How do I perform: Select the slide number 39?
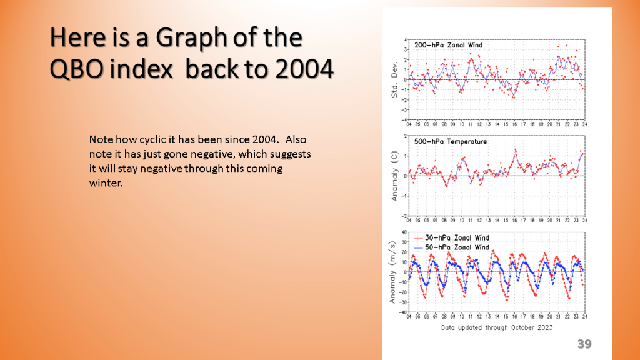[584, 344]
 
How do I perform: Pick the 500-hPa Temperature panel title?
[450, 142]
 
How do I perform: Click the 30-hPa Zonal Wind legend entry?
[457, 238]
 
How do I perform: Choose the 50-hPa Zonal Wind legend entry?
[457, 247]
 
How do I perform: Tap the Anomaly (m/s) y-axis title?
[392, 272]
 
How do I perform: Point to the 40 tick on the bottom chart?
[404, 232]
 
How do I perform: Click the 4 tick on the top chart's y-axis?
[406, 39]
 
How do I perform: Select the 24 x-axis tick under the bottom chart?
[584, 317]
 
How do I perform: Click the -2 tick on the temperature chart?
[404, 216]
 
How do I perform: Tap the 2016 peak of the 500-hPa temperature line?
[516, 149]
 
